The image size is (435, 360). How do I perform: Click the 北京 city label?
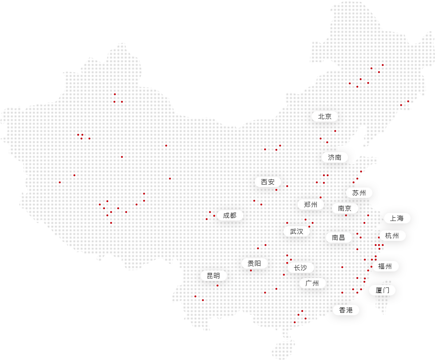point(325,116)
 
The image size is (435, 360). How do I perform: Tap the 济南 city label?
point(335,157)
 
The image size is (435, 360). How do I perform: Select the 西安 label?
point(268,182)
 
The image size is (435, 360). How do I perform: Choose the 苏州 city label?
point(359,193)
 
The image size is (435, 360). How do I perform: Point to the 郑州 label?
point(311,205)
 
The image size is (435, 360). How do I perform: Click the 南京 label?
point(345,208)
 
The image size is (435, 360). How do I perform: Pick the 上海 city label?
point(397,218)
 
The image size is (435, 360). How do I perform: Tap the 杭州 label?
point(392,236)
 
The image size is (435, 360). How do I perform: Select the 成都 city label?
point(230,215)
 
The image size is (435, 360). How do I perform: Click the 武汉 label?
point(297,231)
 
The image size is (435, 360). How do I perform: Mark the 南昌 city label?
point(338,237)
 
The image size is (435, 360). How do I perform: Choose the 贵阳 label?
point(255,263)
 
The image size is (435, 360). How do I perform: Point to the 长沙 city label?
point(300,268)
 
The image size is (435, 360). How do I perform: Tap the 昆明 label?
point(213,276)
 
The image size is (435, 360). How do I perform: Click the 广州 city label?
point(312,283)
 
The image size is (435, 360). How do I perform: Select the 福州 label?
point(385,266)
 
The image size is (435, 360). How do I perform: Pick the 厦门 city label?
point(382,290)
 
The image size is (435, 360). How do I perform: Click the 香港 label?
point(346,310)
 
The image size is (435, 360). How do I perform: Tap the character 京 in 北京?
point(328,116)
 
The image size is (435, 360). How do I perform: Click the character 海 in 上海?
point(400,218)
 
